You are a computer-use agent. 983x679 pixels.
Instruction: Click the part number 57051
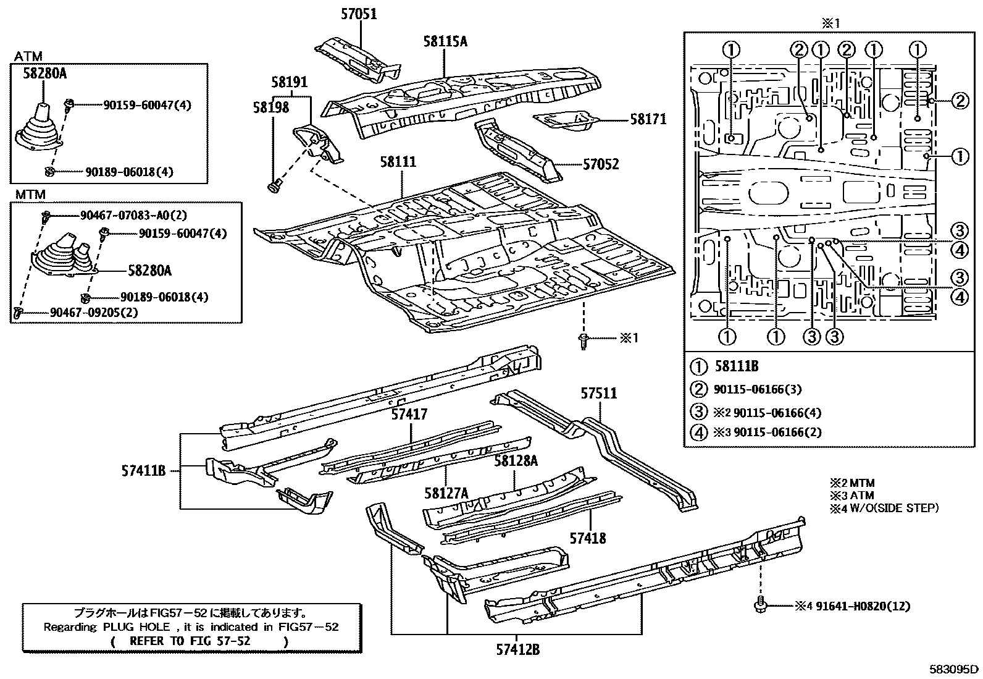359,14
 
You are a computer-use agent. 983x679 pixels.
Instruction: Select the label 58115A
445,41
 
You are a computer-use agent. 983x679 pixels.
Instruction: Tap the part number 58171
648,119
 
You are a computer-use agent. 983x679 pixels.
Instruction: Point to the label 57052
601,164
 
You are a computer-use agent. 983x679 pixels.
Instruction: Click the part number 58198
270,108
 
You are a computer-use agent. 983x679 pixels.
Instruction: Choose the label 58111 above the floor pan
398,162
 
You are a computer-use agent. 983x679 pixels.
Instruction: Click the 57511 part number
598,394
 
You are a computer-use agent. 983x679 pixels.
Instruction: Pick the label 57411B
144,471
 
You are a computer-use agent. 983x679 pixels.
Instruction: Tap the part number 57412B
518,649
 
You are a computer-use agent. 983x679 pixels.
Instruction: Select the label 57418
588,538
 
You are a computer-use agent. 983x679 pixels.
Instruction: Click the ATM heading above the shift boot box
28,57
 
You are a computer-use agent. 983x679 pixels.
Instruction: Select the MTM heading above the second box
30,195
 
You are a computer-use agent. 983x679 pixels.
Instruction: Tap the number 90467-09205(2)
94,313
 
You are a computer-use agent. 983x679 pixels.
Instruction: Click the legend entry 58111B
737,366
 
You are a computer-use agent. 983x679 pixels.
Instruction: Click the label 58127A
446,492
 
